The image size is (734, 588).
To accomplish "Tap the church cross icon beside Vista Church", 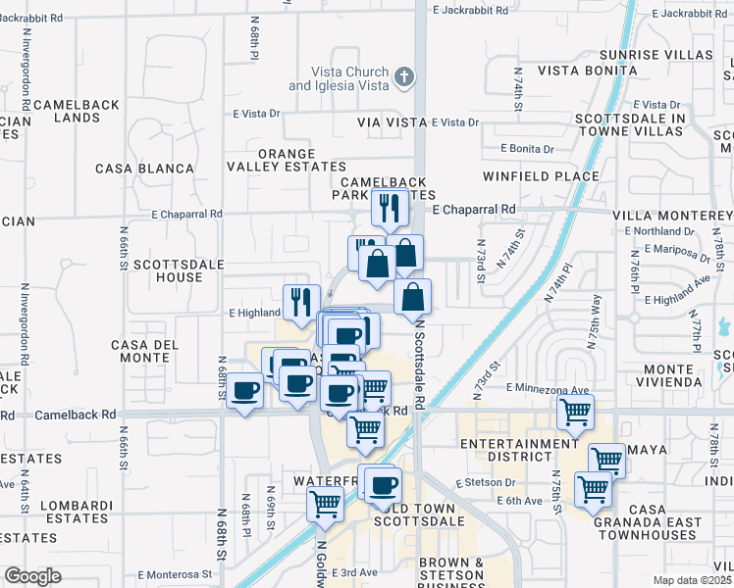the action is click(403, 76).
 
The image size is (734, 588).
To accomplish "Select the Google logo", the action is click(31, 576).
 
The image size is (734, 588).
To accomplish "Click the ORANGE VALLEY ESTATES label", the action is click(288, 161).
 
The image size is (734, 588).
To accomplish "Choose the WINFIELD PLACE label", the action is click(541, 176).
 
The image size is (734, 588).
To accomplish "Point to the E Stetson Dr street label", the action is click(485, 482).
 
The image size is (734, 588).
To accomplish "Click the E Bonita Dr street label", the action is click(526, 148).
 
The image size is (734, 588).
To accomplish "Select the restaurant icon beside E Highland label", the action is click(301, 301).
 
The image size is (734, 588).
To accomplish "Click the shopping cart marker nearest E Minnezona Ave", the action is click(575, 411).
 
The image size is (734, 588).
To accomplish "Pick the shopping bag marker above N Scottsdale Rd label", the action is click(413, 296).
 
